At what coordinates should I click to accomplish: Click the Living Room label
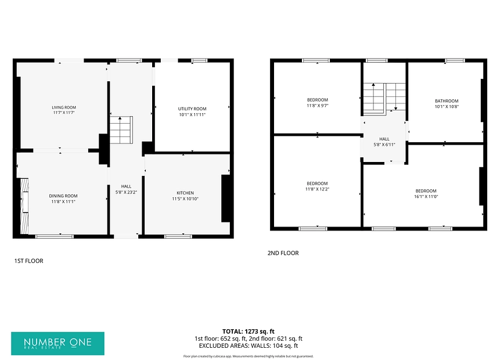pos(64,107)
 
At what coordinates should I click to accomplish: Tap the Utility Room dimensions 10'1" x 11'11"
pos(192,115)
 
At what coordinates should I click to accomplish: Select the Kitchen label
pos(185,193)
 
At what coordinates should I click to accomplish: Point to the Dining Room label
pos(63,196)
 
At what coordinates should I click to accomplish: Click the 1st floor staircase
pos(121,130)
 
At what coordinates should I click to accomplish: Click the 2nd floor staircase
pos(384,98)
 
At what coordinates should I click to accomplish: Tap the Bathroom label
pos(446,101)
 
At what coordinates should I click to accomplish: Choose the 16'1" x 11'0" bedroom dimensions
pos(426,196)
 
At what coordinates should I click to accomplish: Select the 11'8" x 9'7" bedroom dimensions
pos(317,106)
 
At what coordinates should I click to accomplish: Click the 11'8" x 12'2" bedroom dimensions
pos(317,189)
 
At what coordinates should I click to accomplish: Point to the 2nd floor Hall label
pos(384,139)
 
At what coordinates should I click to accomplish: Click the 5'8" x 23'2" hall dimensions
pos(126,192)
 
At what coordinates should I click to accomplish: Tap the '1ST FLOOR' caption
pos(28,261)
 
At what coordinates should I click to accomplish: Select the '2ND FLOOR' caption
pos(283,253)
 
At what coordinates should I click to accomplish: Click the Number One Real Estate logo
pos(57,344)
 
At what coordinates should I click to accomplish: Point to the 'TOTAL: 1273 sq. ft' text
pos(248,332)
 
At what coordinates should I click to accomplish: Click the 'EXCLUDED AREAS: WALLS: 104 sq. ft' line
pos(248,345)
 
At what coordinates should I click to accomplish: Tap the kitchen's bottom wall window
pos(178,236)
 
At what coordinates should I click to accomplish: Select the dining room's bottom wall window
pos(54,236)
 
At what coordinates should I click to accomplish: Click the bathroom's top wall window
pos(455,60)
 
